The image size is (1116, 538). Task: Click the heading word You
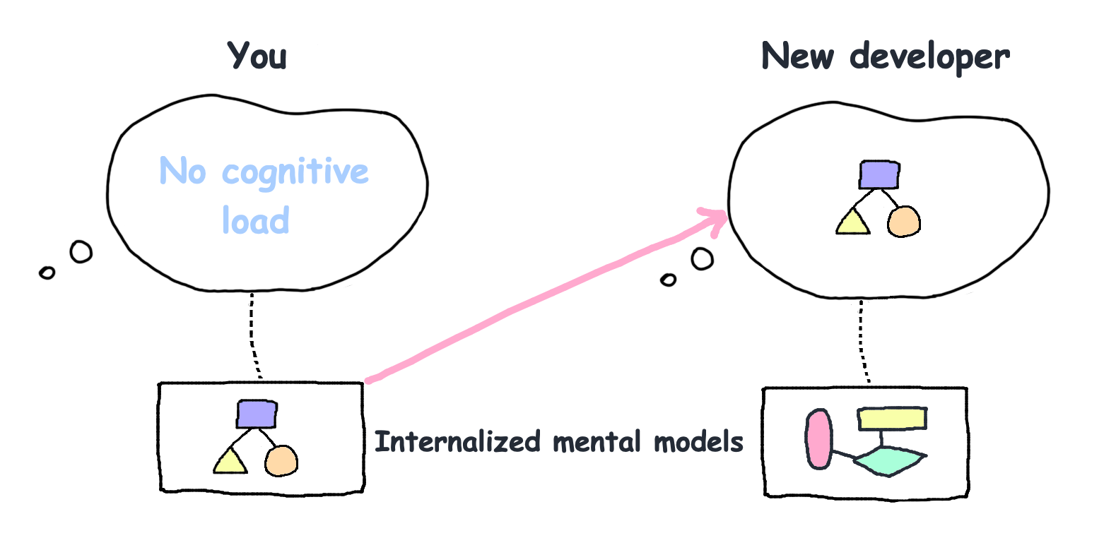[x=257, y=56]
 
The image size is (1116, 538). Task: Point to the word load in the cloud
[x=255, y=220]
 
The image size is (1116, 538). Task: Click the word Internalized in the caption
[x=457, y=442]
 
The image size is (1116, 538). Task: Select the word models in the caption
[x=698, y=442]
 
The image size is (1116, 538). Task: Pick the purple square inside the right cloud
[x=879, y=174]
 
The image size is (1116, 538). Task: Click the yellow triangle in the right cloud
[x=852, y=223]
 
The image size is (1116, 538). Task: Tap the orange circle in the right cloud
[x=904, y=222]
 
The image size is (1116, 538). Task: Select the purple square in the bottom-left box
[x=257, y=414]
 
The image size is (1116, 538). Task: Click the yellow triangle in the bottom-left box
[x=230, y=462]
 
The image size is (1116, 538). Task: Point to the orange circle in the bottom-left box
[x=281, y=461]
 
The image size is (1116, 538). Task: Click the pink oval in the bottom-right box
[x=819, y=439]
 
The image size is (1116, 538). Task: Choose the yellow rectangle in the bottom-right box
[x=892, y=418]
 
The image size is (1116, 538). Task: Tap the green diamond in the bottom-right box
[x=889, y=460]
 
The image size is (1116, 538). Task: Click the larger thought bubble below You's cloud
[x=81, y=251]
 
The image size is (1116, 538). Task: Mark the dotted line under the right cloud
[x=862, y=342]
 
